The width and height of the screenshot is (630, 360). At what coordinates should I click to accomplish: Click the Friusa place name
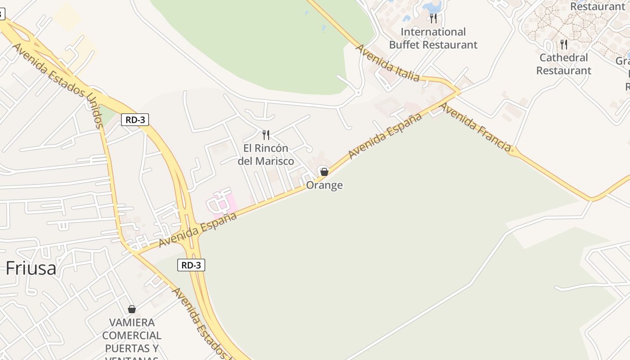point(31,268)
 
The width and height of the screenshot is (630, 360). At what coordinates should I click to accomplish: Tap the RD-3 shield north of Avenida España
point(135,120)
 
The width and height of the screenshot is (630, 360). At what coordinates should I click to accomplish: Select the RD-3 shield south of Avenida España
point(191,265)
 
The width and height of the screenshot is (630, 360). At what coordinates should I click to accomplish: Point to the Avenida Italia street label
point(388,63)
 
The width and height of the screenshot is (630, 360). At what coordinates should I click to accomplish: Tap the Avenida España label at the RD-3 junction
point(198,229)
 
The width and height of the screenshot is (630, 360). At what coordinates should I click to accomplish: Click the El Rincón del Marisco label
point(266,154)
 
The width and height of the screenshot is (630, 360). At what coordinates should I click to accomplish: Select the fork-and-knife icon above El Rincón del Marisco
point(266,135)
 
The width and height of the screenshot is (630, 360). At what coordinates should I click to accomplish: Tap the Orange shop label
point(324,185)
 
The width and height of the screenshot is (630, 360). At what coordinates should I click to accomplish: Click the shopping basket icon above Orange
point(324,171)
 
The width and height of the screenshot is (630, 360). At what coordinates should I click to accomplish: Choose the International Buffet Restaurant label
point(433,38)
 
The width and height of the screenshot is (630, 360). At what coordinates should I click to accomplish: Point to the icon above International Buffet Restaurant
point(433,18)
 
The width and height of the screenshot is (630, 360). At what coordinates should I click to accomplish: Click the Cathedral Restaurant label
point(563,64)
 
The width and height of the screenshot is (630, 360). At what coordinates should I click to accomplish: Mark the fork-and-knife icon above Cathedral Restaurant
point(563,45)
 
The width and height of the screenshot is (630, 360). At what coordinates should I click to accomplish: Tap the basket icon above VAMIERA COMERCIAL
point(132,309)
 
